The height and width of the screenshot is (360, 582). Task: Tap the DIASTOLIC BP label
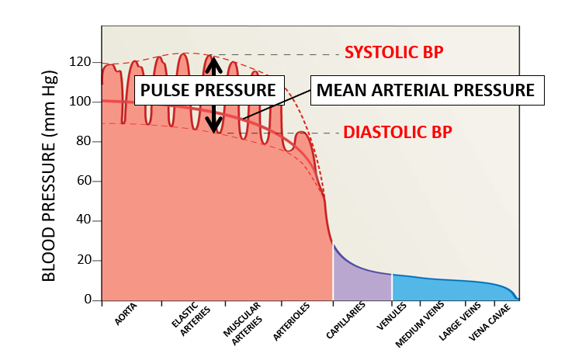point(397,132)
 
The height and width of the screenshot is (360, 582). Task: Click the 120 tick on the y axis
point(80,62)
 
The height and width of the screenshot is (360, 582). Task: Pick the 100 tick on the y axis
point(80,102)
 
